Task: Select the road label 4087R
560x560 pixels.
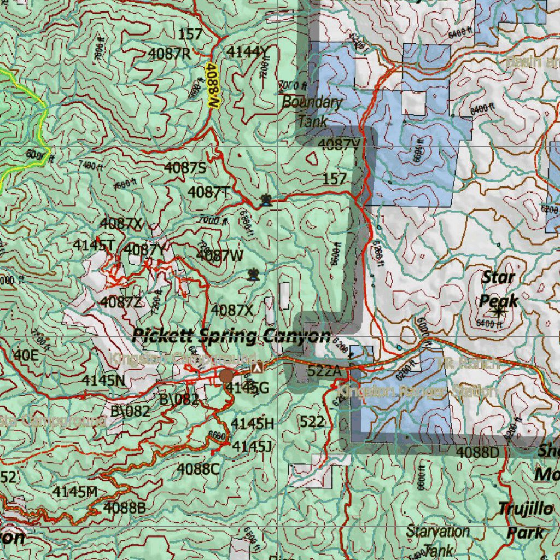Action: [x=170, y=54]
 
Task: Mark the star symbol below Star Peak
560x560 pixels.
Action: [x=498, y=312]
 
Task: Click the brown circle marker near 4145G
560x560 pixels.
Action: [x=227, y=376]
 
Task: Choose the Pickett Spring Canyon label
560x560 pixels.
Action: [x=231, y=335]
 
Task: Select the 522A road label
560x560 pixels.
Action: [x=325, y=372]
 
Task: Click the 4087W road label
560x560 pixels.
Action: [x=220, y=255]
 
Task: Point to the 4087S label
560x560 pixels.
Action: [x=185, y=168]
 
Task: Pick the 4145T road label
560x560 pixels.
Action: [x=94, y=246]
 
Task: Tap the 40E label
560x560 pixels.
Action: [x=26, y=356]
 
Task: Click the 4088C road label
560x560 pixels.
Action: [x=198, y=469]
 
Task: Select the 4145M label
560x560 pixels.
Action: [x=75, y=492]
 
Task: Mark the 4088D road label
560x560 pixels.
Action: [x=477, y=452]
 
